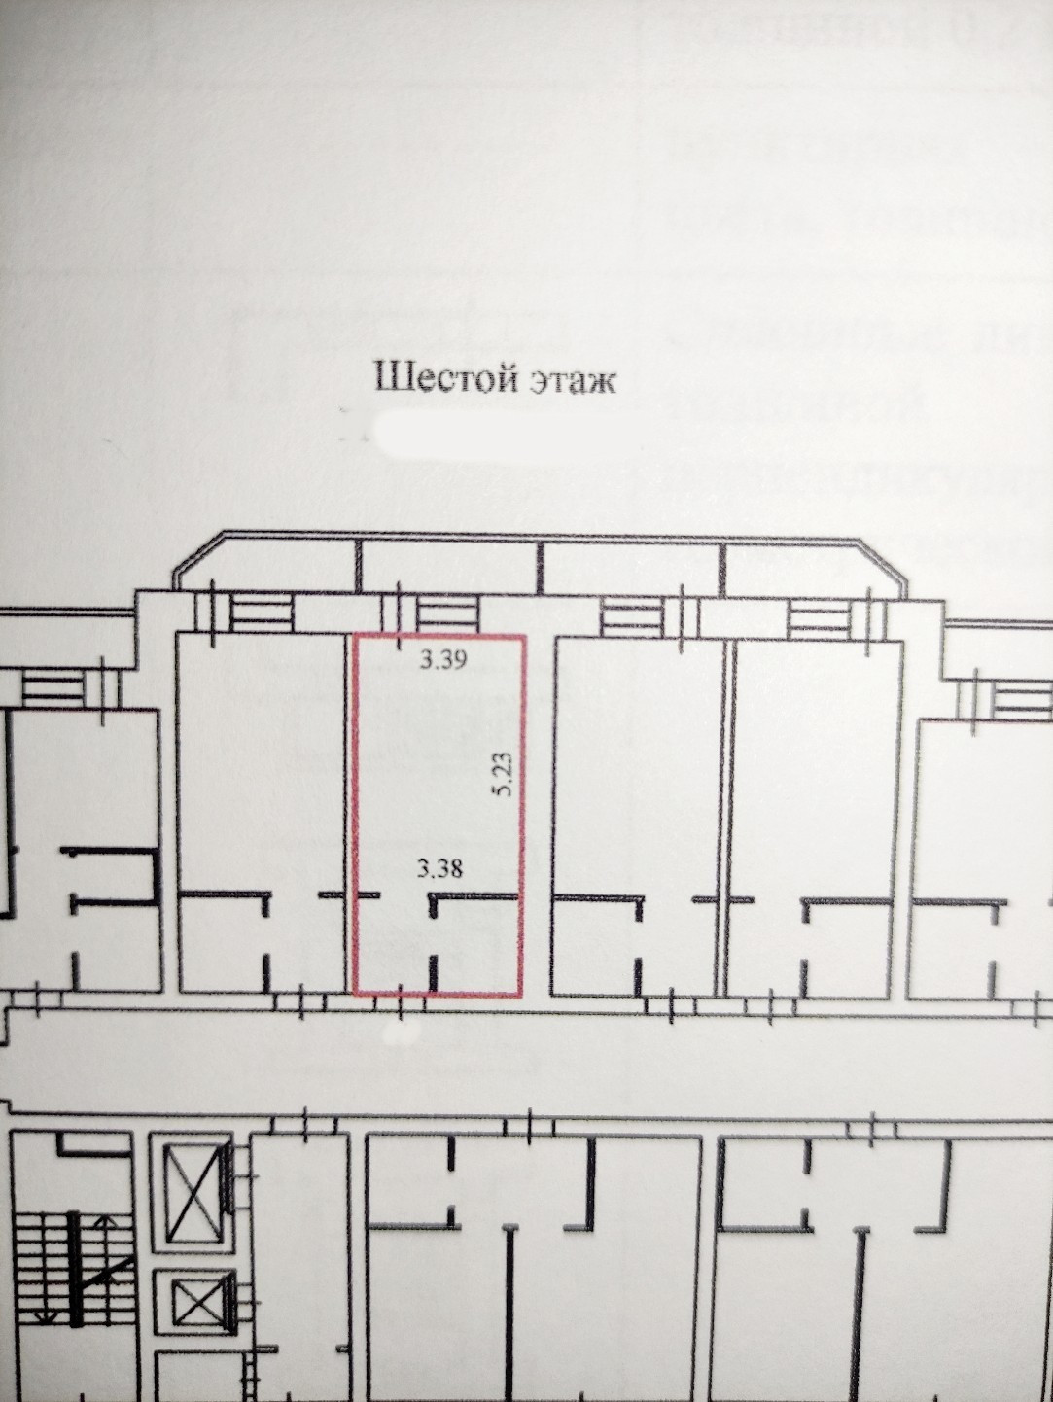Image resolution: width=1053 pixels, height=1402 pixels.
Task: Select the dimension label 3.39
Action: pyautogui.click(x=443, y=660)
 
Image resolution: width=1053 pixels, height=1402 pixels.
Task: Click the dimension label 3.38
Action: pyautogui.click(x=439, y=867)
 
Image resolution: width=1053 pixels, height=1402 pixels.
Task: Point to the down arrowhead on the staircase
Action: pyautogui.click(x=44, y=1314)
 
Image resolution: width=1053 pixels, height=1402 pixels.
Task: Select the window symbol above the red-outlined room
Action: pyautogui.click(x=448, y=614)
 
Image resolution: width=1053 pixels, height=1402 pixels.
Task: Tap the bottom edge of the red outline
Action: pyautogui.click(x=438, y=995)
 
